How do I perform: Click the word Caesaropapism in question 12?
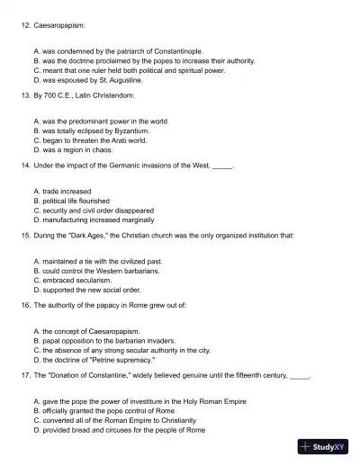58,28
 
